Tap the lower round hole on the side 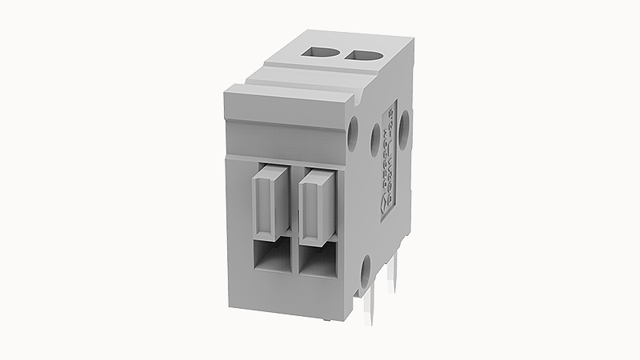pos(365,270)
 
